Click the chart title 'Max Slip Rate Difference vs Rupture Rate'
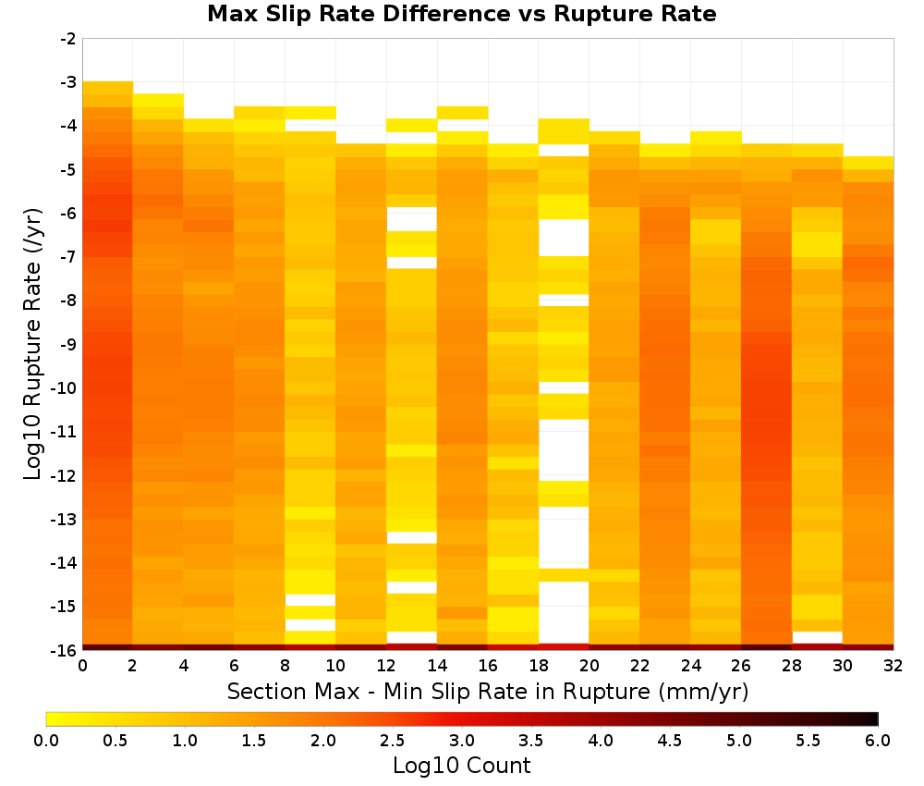click(x=461, y=14)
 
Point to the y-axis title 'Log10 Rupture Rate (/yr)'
click(x=32, y=344)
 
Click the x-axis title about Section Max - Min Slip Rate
click(x=488, y=692)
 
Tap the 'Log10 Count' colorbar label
click(x=461, y=766)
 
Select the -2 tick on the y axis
click(x=68, y=39)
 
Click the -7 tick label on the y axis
click(x=68, y=256)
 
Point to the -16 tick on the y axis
click(x=65, y=650)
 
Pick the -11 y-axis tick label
click(x=65, y=432)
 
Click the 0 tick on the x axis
click(x=82, y=666)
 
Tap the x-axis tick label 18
click(x=539, y=666)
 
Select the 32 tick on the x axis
click(x=894, y=666)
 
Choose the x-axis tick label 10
click(x=336, y=666)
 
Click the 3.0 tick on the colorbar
click(x=462, y=740)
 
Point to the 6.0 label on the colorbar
click(x=878, y=740)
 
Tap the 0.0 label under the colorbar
click(x=46, y=740)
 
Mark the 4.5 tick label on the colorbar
click(x=670, y=740)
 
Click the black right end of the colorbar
click(x=875, y=718)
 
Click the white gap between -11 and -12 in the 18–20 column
click(x=564, y=450)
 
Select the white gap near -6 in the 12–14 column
click(x=412, y=219)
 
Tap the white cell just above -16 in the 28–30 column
click(x=818, y=637)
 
